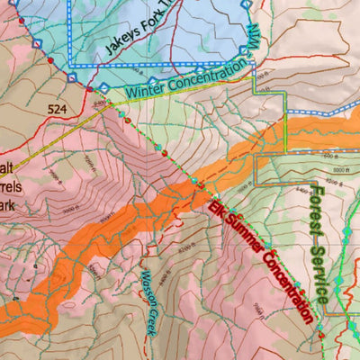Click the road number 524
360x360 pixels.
point(59,109)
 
